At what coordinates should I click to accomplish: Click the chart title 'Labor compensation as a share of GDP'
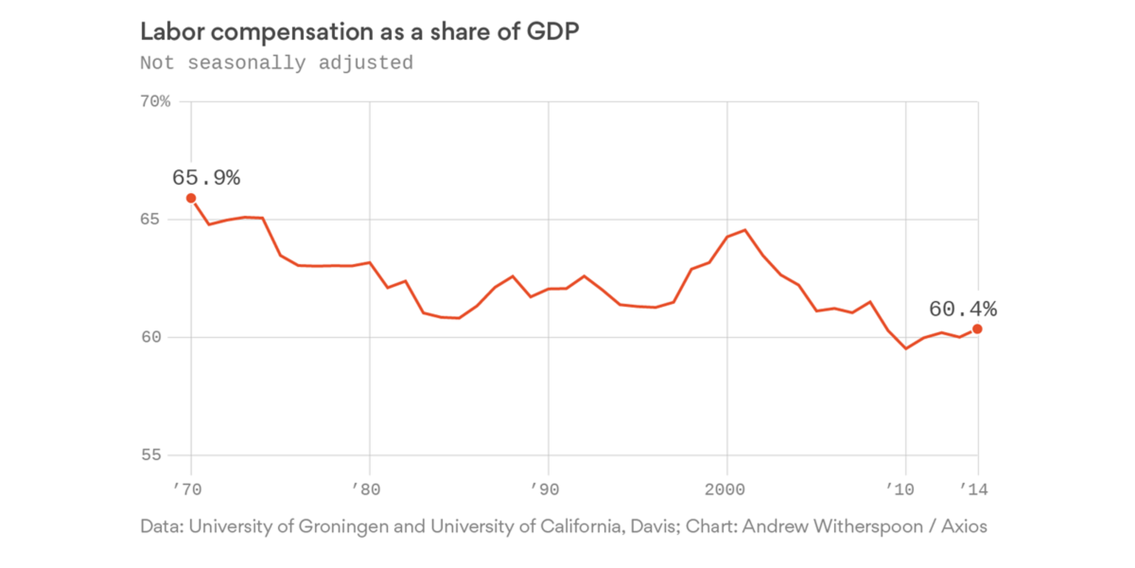coord(359,32)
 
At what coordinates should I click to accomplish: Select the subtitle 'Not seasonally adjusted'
coord(276,62)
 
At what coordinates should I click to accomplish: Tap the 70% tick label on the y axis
coord(155,102)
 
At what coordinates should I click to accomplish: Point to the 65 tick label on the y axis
coord(150,219)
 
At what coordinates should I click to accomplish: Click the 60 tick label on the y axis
coord(150,337)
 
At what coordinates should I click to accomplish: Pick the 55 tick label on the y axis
coord(151,455)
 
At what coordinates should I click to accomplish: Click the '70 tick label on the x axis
coord(188,490)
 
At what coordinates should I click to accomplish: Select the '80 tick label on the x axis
coord(367,490)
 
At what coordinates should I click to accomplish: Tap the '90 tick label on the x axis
coord(545,490)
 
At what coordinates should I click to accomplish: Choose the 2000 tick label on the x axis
coord(725,490)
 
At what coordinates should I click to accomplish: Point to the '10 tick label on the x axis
coord(901,490)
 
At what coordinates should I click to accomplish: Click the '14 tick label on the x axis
coord(974,490)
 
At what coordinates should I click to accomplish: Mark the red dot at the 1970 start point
coord(191,198)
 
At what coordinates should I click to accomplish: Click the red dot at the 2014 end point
coord(977,329)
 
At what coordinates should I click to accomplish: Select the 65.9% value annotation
coord(206,178)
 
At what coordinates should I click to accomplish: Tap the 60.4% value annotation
coord(962,310)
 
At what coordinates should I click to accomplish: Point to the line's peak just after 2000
coord(745,230)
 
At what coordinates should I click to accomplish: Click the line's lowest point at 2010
coord(906,348)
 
